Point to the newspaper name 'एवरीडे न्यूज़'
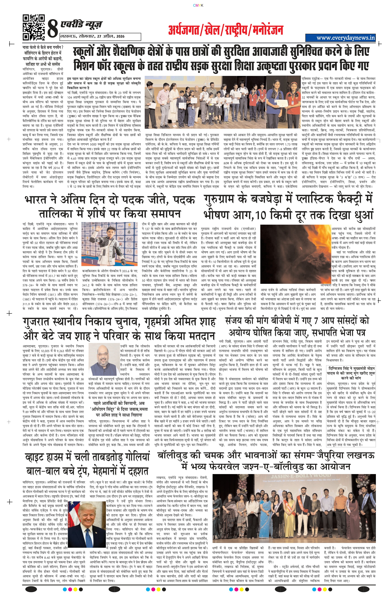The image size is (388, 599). point(81,24)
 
